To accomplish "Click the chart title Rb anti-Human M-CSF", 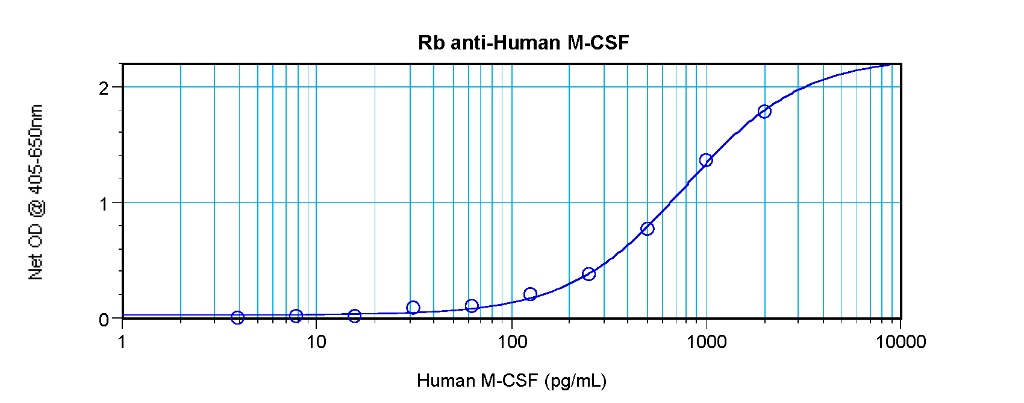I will (523, 43).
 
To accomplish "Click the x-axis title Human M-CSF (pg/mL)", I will (511, 381).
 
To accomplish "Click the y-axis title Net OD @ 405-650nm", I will (36, 192).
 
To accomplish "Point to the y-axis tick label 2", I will (104, 88).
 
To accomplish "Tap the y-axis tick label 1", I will (105, 204).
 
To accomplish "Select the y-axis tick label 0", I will (104, 319).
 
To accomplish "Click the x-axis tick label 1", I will (122, 342).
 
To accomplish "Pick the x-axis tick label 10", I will (316, 342).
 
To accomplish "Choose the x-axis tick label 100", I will (511, 342).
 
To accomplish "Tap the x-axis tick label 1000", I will (706, 342).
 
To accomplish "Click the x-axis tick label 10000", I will (901, 342).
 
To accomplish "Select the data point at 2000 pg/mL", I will (764, 112).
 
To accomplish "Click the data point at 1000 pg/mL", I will (706, 160).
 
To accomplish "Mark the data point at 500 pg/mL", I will (648, 229).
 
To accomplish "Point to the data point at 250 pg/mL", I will (589, 274).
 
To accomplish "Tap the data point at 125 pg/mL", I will (531, 294).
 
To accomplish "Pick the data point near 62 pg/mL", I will (472, 306).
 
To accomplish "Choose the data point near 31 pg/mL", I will (413, 308).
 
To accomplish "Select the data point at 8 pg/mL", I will (296, 316).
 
